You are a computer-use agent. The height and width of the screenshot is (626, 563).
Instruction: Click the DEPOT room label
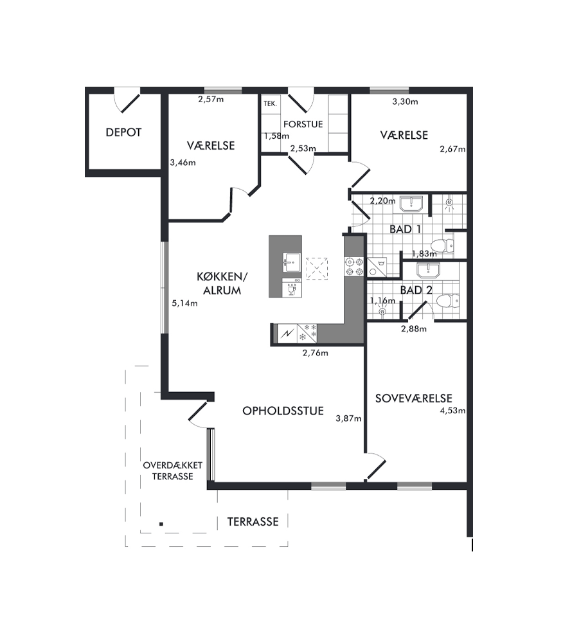pyautogui.click(x=123, y=132)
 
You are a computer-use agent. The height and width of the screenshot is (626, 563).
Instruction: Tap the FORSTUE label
pyautogui.click(x=303, y=124)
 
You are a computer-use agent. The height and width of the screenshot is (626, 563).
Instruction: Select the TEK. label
pyautogui.click(x=271, y=104)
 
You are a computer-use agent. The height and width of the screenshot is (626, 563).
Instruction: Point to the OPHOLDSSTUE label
pyautogui.click(x=283, y=411)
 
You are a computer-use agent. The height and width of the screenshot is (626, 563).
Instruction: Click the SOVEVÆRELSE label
pyautogui.click(x=414, y=398)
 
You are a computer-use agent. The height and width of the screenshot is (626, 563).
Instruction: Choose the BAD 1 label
pyautogui.click(x=406, y=229)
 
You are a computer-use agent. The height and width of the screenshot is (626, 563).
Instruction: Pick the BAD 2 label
pyautogui.click(x=416, y=291)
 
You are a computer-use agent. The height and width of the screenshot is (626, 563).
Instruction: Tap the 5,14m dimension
pyautogui.click(x=184, y=303)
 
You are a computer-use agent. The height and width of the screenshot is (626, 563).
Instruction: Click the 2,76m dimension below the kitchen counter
pyautogui.click(x=316, y=353)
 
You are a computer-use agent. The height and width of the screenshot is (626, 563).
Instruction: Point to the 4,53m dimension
pyautogui.click(x=453, y=411)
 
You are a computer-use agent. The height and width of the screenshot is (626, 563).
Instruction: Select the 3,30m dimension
pyautogui.click(x=406, y=102)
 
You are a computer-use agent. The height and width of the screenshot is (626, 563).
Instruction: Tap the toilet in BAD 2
pyautogui.click(x=448, y=301)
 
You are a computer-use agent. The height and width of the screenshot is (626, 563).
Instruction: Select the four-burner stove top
pyautogui.click(x=354, y=267)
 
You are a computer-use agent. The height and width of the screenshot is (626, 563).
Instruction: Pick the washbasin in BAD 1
pyautogui.click(x=411, y=204)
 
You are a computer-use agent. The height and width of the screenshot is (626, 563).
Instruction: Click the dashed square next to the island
pyautogui.click(x=317, y=269)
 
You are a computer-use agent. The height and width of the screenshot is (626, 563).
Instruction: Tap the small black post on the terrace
pyautogui.click(x=161, y=524)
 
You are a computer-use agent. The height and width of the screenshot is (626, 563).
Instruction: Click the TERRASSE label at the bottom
pyautogui.click(x=253, y=522)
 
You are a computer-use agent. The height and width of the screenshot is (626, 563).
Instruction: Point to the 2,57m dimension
pyautogui.click(x=211, y=100)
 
